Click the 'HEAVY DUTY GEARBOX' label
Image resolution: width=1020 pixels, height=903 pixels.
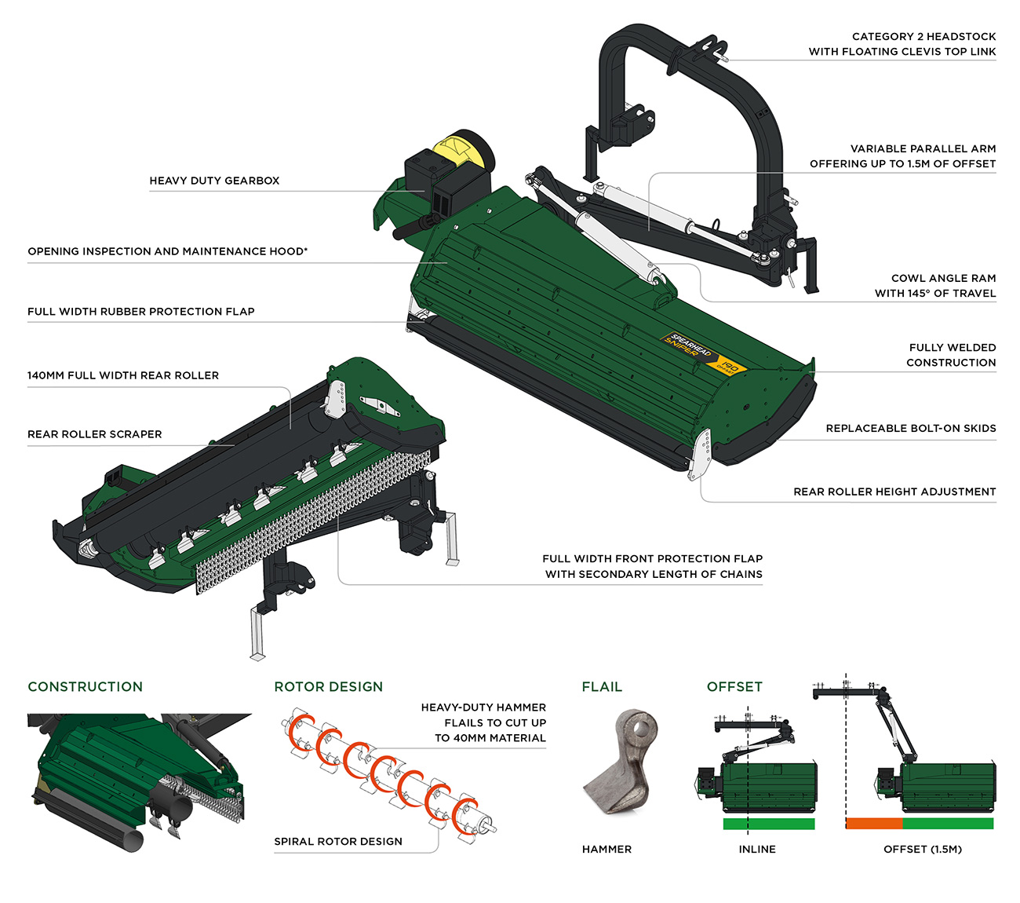(x=214, y=181)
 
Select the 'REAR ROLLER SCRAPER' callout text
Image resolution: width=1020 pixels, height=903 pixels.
(x=95, y=434)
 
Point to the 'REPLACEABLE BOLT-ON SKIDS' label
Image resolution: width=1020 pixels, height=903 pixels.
(x=911, y=428)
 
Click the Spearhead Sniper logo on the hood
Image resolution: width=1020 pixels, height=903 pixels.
(x=703, y=353)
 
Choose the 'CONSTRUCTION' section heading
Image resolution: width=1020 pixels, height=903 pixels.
(x=85, y=686)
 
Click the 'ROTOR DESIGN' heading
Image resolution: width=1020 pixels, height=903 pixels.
(x=328, y=686)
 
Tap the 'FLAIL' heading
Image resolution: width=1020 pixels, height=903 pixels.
(x=602, y=686)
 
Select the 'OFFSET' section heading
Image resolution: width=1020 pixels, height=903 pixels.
(x=734, y=686)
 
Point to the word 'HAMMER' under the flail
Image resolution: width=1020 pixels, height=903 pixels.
(x=607, y=849)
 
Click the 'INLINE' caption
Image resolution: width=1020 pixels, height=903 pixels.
(x=757, y=849)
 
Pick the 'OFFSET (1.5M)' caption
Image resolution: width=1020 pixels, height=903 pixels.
(x=923, y=849)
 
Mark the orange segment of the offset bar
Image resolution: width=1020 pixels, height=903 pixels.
(x=874, y=824)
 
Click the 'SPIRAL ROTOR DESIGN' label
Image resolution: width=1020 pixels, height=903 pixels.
(x=338, y=841)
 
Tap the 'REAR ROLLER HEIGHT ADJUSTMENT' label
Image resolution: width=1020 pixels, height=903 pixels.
(x=894, y=492)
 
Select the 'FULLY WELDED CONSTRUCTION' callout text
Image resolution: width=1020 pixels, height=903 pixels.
(x=951, y=355)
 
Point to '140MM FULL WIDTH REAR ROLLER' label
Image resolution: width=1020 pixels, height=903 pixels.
(x=123, y=375)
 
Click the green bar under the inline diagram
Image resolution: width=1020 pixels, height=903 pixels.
(x=769, y=824)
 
